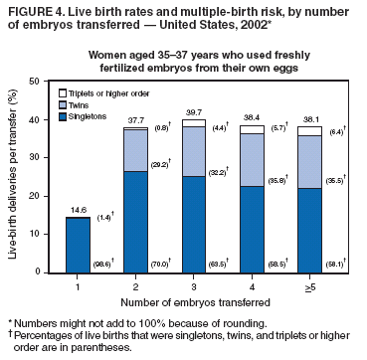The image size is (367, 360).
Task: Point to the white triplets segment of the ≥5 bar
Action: pos(309,131)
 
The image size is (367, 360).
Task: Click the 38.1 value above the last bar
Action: pos(309,118)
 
